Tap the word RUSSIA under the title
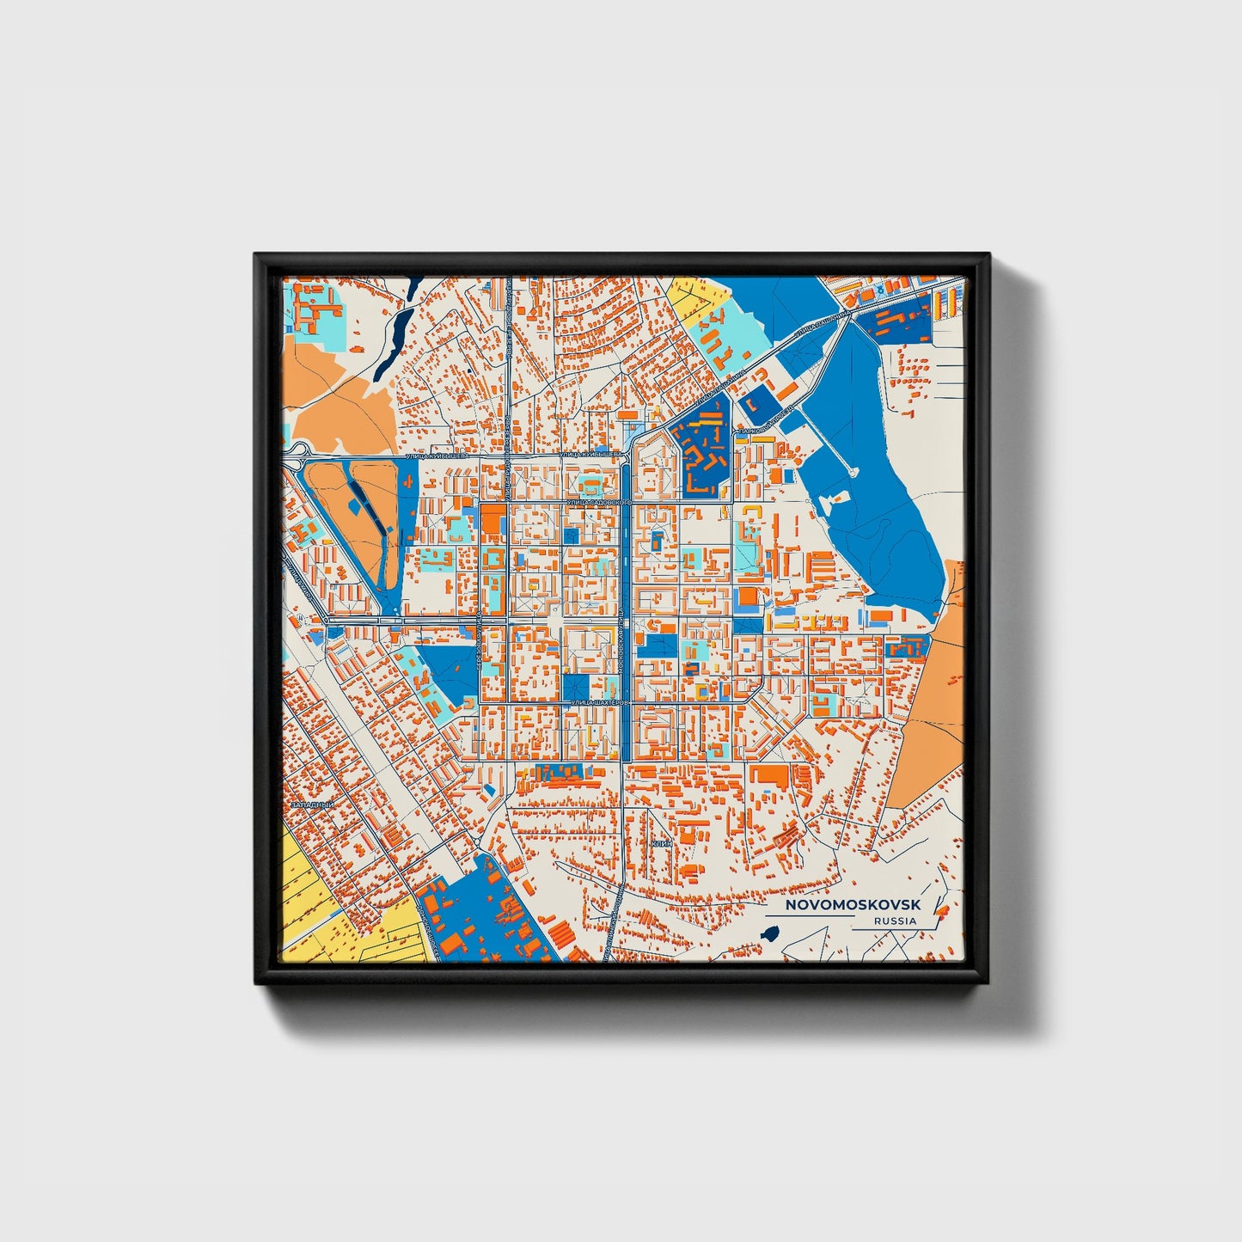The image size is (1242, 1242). [x=894, y=921]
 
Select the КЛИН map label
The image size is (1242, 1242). [x=661, y=844]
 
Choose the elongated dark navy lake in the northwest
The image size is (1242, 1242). [x=396, y=330]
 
